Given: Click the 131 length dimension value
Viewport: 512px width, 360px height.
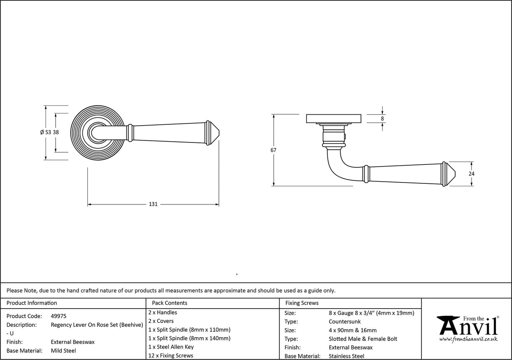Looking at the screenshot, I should tap(153, 204).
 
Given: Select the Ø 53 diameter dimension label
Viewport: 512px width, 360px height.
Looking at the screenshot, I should tap(46, 132).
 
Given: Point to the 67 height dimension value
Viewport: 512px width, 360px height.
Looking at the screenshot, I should tap(274, 150).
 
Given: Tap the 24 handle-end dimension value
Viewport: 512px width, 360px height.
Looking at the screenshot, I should tap(472, 174).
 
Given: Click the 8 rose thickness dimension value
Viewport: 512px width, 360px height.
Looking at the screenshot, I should tap(383, 119).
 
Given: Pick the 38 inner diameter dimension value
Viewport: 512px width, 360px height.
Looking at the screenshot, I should tap(56, 132).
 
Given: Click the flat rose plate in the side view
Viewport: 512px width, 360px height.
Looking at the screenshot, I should tap(334, 118).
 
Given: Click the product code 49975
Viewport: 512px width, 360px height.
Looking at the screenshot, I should tap(58, 316).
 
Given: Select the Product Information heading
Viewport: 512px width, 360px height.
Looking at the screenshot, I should tap(32, 303).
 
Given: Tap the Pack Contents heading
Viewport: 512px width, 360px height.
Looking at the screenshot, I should tap(170, 303).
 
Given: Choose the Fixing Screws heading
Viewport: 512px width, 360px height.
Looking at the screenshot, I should tap(302, 303).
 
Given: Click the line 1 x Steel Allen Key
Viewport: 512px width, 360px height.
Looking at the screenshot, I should tap(171, 347).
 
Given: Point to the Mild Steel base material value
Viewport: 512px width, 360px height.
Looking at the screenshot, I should tap(63, 351).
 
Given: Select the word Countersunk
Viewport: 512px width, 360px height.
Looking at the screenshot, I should tap(345, 322).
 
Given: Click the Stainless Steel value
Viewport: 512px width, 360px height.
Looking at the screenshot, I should tap(346, 356).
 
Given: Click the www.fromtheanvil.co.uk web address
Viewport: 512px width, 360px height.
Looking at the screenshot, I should tap(468, 339).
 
